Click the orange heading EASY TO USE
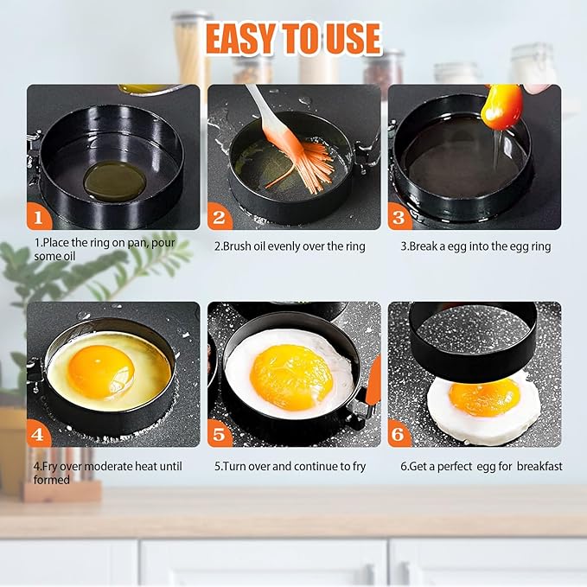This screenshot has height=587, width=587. click(x=293, y=38)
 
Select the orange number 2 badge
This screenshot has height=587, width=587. click(x=220, y=216)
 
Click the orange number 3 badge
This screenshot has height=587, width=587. click(x=399, y=216)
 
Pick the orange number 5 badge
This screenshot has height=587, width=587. click(x=220, y=433)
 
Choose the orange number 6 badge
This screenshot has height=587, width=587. click(x=399, y=433)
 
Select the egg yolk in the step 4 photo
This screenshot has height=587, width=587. click(x=101, y=371)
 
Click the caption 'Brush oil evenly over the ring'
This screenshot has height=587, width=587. click(x=290, y=246)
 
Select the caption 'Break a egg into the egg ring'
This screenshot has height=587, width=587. click(x=475, y=246)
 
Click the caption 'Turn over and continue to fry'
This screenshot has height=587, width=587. click(x=290, y=466)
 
